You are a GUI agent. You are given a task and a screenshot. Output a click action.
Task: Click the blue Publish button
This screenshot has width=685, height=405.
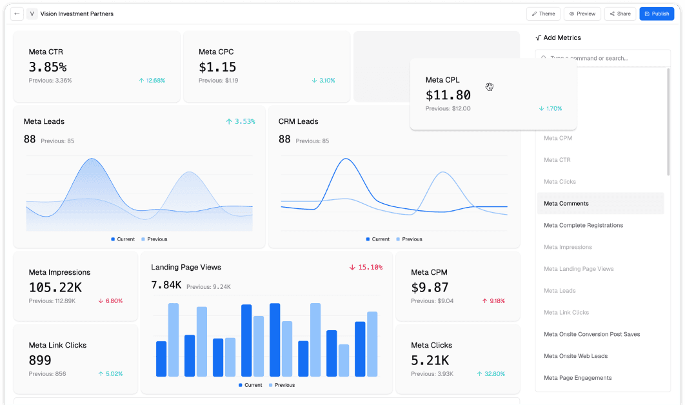click(x=657, y=14)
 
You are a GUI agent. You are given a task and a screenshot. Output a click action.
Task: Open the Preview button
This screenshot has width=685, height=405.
click(x=582, y=14)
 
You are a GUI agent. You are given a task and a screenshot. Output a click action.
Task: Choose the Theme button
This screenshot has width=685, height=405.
click(x=543, y=14)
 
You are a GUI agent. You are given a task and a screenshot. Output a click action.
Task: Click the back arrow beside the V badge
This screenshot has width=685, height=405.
click(x=17, y=14)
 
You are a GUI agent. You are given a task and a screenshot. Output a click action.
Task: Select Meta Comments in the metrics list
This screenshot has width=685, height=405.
click(x=566, y=204)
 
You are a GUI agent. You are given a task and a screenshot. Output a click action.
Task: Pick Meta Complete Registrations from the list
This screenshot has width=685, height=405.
click(x=583, y=226)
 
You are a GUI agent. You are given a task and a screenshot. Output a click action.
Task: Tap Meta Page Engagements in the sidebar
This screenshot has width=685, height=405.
click(x=577, y=378)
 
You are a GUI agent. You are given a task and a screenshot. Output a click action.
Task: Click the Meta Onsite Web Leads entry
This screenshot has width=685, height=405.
click(x=575, y=356)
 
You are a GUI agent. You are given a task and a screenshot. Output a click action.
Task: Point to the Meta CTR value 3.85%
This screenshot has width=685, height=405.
click(x=48, y=67)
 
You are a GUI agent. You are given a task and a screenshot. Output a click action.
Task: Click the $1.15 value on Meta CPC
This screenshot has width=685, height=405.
click(x=217, y=67)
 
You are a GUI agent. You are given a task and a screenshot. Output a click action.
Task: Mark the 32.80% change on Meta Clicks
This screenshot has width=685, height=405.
click(x=491, y=374)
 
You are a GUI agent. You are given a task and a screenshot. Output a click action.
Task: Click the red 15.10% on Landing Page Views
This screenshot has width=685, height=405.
click(x=366, y=267)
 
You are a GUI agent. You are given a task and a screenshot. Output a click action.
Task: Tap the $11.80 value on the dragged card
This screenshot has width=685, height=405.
click(x=448, y=95)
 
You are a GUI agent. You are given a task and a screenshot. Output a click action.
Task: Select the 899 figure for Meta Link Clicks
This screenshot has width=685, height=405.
click(x=40, y=361)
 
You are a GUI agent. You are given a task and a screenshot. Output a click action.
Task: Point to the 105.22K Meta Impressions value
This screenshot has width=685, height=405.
click(x=55, y=288)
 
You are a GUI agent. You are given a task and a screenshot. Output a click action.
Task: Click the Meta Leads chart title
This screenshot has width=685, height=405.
click(x=44, y=121)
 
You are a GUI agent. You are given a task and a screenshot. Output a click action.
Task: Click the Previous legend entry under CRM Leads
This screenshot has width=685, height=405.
click(x=409, y=239)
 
